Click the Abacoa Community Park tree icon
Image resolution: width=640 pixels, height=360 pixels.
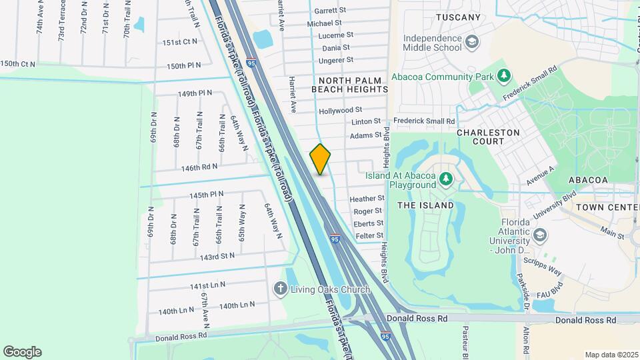505,76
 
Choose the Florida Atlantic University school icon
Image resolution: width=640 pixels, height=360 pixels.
539,236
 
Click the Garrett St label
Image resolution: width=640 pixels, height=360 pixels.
331,11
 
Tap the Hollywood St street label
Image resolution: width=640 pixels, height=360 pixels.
340,109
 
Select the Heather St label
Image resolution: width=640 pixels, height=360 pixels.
368,199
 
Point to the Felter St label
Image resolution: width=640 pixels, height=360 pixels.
369,235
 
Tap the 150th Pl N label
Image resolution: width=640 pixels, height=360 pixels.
183,66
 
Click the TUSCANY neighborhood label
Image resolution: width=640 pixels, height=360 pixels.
458,17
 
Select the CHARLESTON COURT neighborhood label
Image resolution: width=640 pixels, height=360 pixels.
489,137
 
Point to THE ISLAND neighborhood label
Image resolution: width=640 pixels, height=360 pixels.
425,205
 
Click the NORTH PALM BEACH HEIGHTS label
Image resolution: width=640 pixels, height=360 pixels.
349,85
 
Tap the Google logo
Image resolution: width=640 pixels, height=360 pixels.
22,352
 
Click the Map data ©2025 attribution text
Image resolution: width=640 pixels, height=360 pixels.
611,355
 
